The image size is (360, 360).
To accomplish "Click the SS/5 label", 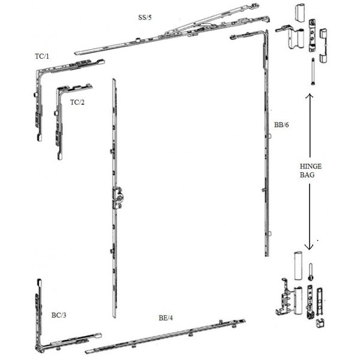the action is coord(145,17).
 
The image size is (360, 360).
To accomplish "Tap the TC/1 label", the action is coord(42,56).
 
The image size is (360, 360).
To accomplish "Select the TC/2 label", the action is coord(77,102).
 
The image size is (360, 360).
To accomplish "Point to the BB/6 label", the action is coord(281,125).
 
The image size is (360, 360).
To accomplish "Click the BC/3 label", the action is coord(59,315).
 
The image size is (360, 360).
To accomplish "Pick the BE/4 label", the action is coord(166,318).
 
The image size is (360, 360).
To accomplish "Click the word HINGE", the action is coord(311,166).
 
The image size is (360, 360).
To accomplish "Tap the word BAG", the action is coord(307,175).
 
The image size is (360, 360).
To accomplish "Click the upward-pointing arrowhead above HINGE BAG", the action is coord(310,96).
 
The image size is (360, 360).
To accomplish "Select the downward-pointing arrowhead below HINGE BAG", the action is coord(309,247).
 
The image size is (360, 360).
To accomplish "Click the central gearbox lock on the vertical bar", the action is coord(118,198).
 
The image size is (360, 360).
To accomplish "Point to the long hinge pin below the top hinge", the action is coord(313,71).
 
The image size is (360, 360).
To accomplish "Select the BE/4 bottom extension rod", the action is coord(166,337).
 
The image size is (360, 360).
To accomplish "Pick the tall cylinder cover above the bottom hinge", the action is coord(298,266).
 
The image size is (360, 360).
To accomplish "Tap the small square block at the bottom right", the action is coord(320,323).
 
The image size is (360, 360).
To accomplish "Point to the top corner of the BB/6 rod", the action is coord(266,32).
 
